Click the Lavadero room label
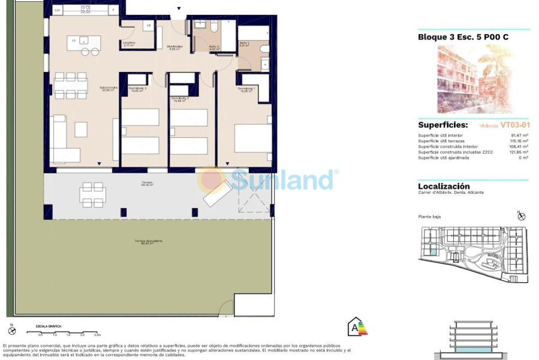pyautogui.click(x=128, y=44)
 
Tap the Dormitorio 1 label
pyautogui.click(x=246, y=89)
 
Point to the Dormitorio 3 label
pyautogui.click(x=137, y=89)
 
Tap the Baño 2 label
pyautogui.click(x=214, y=47)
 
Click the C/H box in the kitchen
pyautogui.click(x=58, y=10)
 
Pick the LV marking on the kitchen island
pyautogui.click(x=74, y=40)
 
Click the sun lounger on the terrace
pyautogui.click(x=217, y=193)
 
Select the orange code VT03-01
pyautogui.click(x=517, y=125)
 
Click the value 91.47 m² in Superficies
pyautogui.click(x=519, y=136)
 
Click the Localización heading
pyautogui.click(x=444, y=186)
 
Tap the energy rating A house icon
pyautogui.click(x=357, y=327)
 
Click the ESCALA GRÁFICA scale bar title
pyautogui.click(x=48, y=326)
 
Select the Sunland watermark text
pyautogui.click(x=282, y=179)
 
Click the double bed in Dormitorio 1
pyautogui.click(x=253, y=138)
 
